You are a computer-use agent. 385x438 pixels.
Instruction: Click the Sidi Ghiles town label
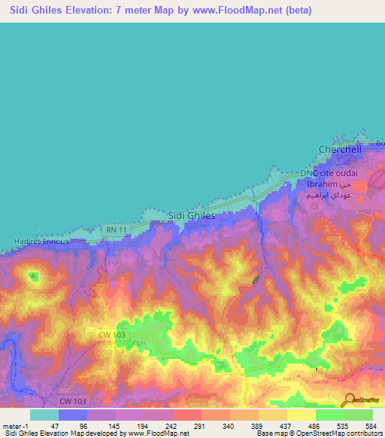coord(192,215)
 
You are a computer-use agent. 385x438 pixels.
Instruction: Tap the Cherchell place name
coord(340,149)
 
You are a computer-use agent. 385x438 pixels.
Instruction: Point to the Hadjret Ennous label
coord(41,242)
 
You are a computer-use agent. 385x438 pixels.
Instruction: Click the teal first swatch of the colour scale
coord(44,414)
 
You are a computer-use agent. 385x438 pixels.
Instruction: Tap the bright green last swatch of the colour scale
coord(359,414)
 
